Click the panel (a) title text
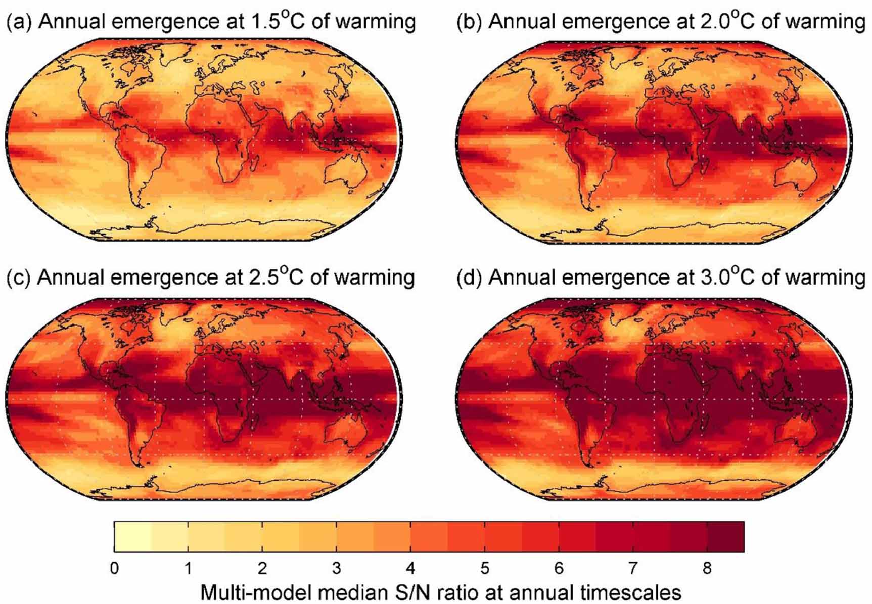tap(211, 22)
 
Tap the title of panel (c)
tap(211, 277)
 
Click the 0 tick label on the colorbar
tap(115, 569)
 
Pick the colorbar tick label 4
tap(410, 569)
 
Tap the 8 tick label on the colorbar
tap(707, 569)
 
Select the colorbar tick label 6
tap(559, 569)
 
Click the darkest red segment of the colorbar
tap(725, 537)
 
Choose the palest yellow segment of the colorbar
tap(133, 537)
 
